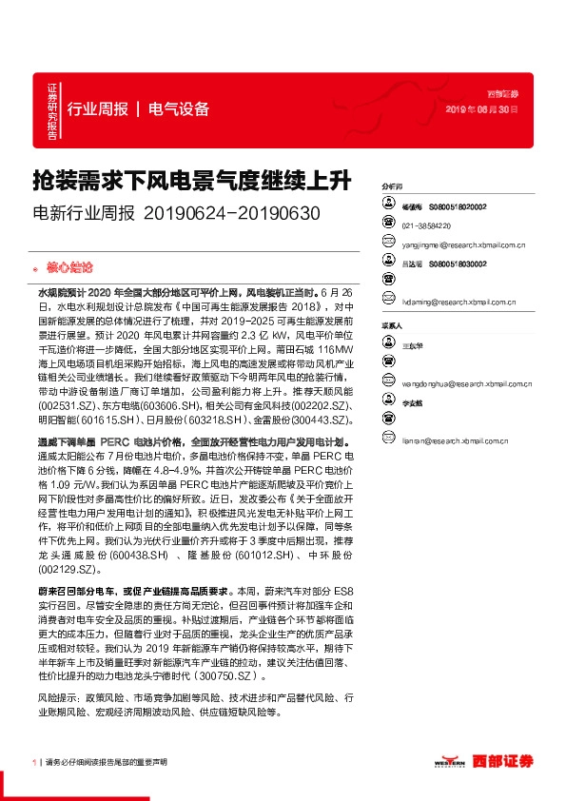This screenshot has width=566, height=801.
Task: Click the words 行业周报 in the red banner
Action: [98, 108]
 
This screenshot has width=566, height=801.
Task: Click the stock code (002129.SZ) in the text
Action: [68, 569]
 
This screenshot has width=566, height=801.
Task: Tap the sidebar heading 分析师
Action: [391, 186]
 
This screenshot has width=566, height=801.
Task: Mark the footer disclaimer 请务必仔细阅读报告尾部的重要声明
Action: [107, 762]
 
